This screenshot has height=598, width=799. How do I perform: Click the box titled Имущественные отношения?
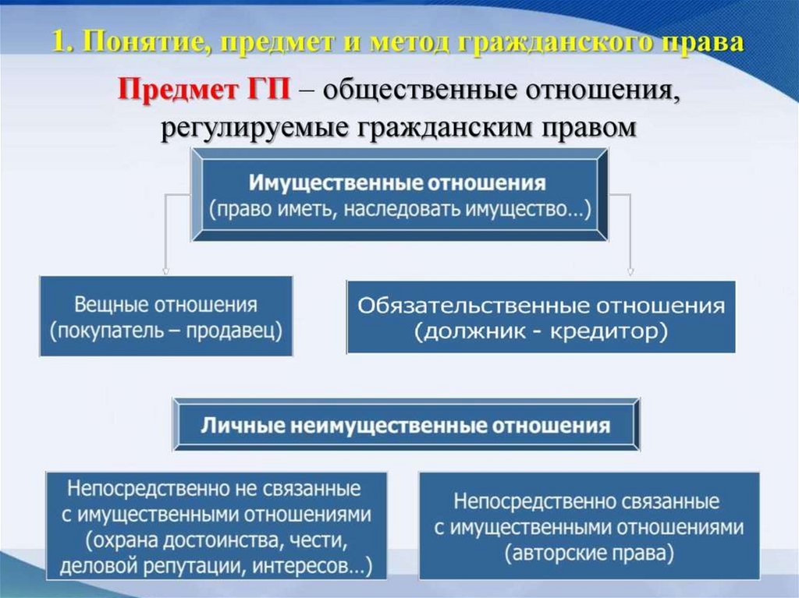[399, 196]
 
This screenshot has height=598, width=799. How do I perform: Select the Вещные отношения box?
[165, 316]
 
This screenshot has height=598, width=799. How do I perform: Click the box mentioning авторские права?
[588, 525]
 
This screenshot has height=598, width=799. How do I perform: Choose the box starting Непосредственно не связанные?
[216, 525]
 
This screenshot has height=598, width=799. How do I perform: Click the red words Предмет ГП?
[203, 91]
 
